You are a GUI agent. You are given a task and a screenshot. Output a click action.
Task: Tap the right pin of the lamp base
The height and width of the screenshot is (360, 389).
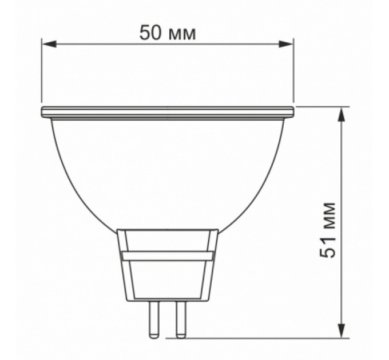(x=181, y=318)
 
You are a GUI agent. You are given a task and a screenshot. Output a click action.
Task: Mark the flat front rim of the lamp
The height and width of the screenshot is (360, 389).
(x=168, y=111)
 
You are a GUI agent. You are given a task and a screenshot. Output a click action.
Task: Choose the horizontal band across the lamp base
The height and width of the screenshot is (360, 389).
(x=168, y=256)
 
